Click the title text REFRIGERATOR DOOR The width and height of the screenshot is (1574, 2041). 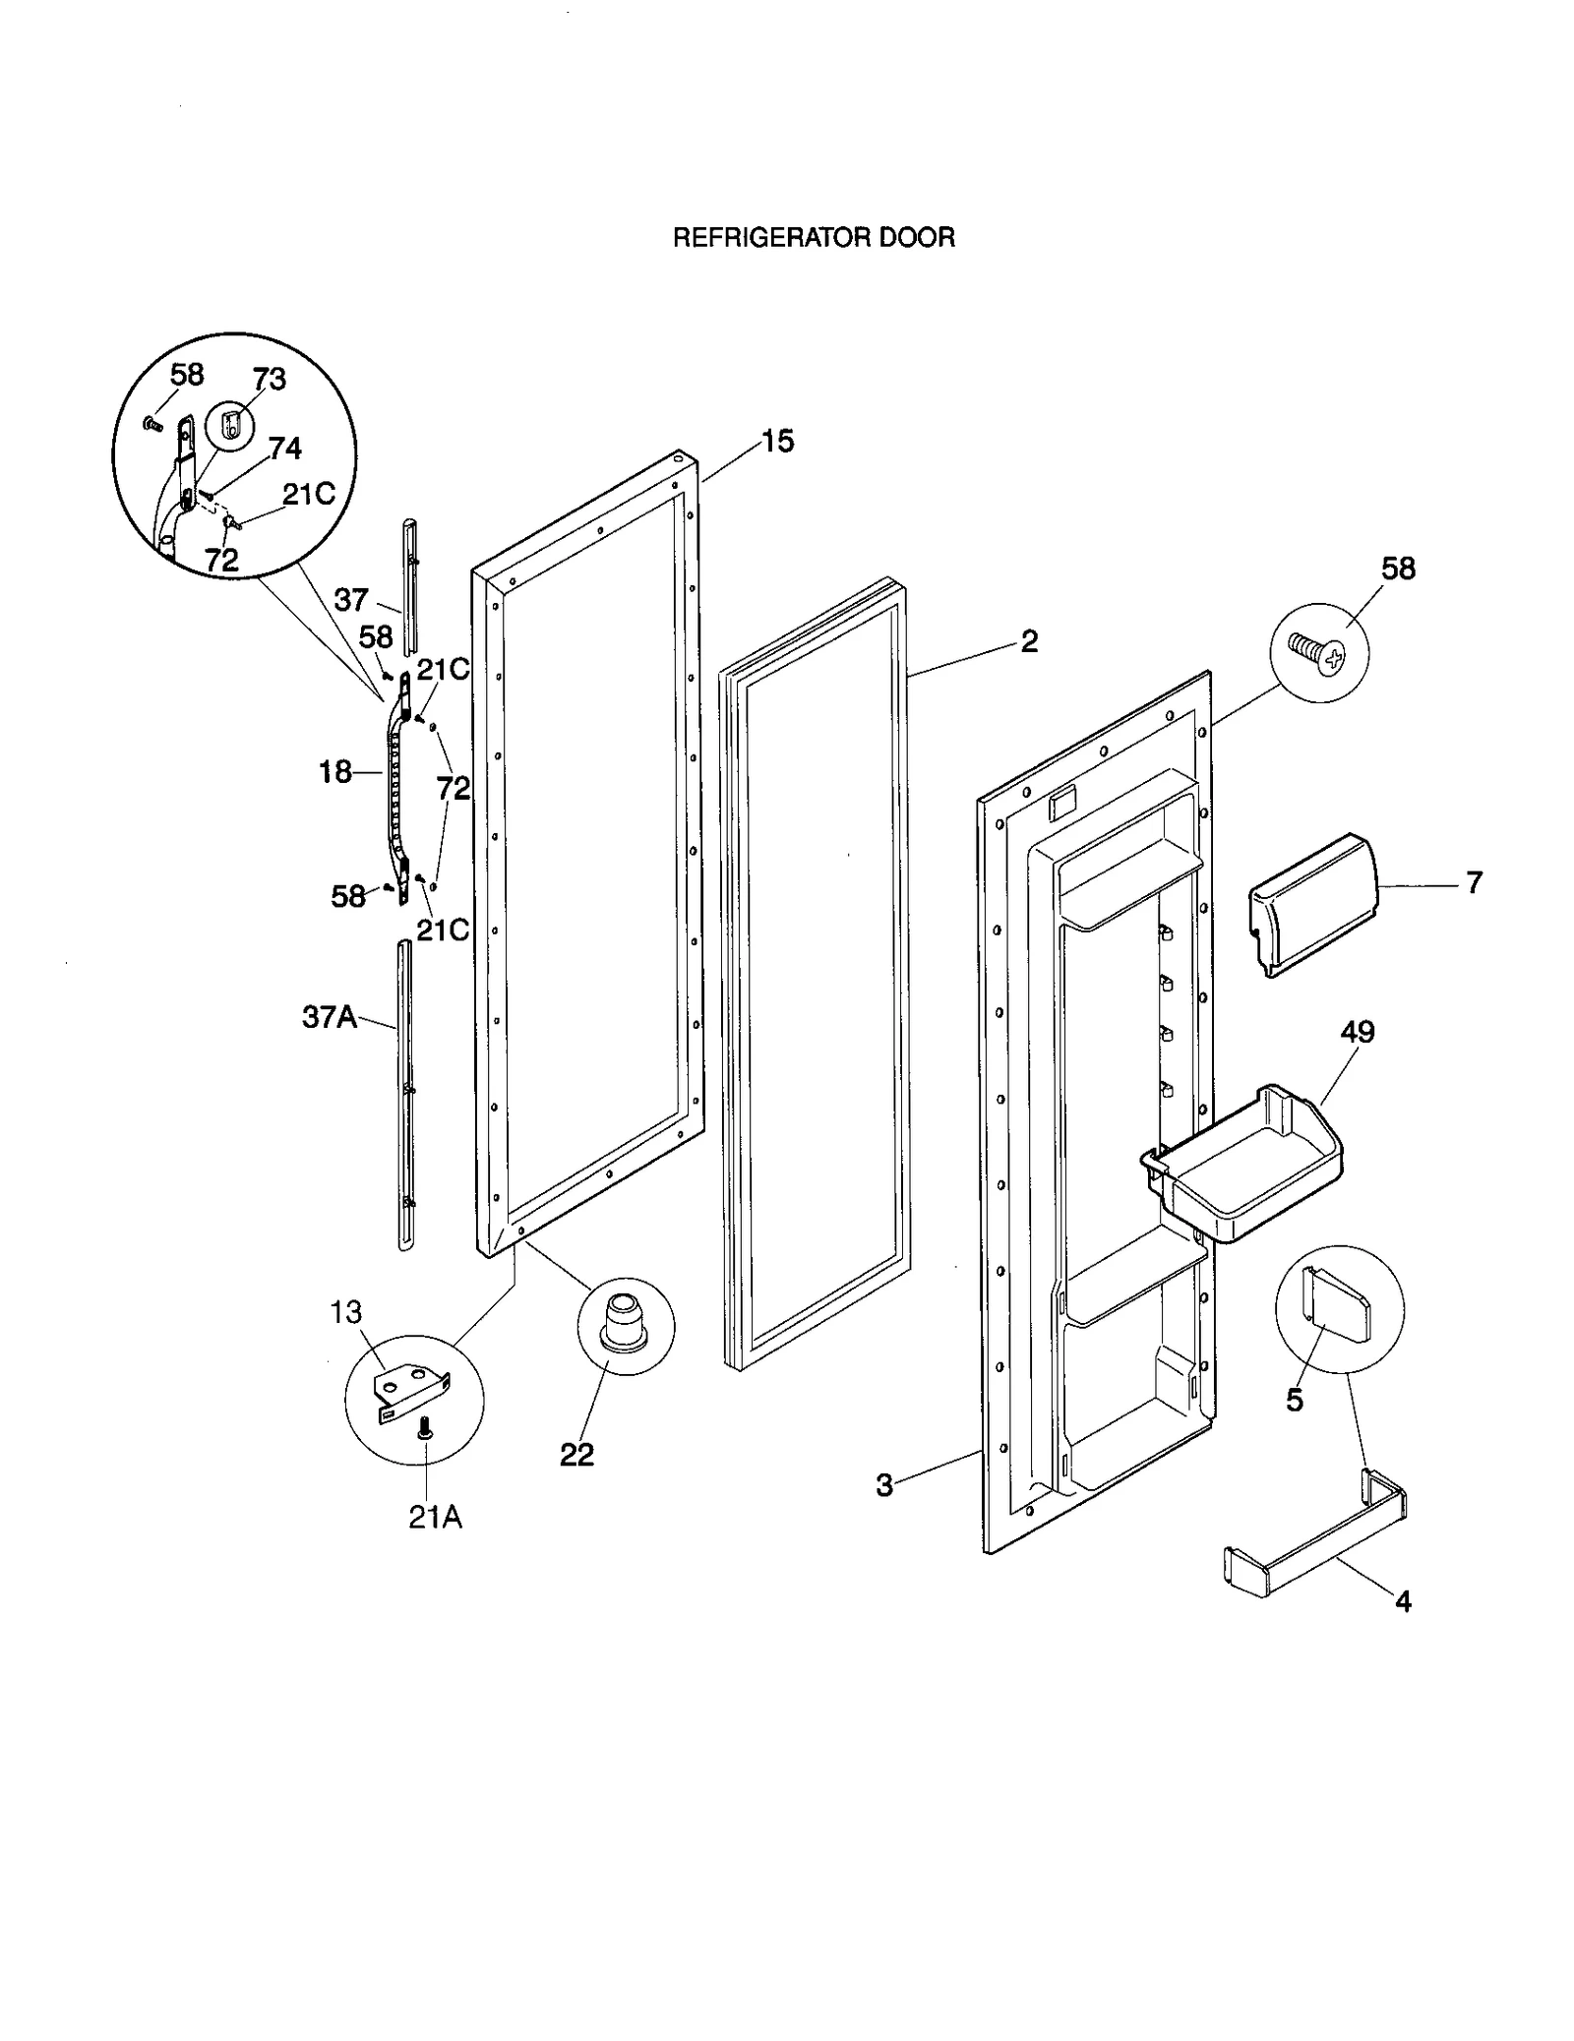point(814,238)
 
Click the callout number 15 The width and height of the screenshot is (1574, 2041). point(777,442)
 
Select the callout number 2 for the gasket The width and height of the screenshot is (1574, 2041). point(1029,641)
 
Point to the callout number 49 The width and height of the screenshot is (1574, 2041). point(1357,1032)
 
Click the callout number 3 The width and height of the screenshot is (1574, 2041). point(884,1485)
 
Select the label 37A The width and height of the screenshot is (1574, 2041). point(330,1016)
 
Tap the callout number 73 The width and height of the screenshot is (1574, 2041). point(269,380)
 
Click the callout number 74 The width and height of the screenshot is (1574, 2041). point(285,449)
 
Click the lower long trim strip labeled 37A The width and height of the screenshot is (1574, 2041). point(404,1102)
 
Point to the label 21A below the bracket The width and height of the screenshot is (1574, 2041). point(435,1517)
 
